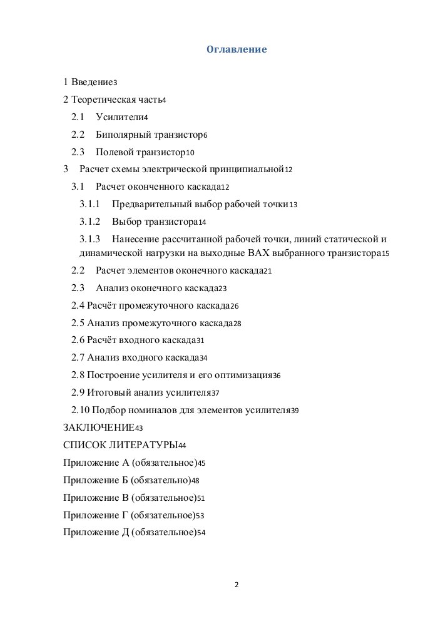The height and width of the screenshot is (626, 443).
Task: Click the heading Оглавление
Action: [x=237, y=49]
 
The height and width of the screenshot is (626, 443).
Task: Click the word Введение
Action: [x=92, y=82]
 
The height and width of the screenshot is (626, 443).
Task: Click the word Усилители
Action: [x=119, y=117]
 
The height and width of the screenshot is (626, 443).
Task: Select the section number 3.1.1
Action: [x=90, y=203]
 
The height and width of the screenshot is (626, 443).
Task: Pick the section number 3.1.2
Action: [x=90, y=221]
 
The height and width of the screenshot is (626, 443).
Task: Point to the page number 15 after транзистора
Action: [x=385, y=254]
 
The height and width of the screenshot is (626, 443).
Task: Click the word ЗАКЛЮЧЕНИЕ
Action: [x=98, y=428]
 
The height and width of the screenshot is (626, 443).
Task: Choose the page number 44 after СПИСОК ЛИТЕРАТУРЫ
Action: [x=182, y=446]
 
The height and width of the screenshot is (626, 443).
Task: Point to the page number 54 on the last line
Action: [x=201, y=533]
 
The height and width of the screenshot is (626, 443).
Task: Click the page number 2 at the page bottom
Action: [x=237, y=585]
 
